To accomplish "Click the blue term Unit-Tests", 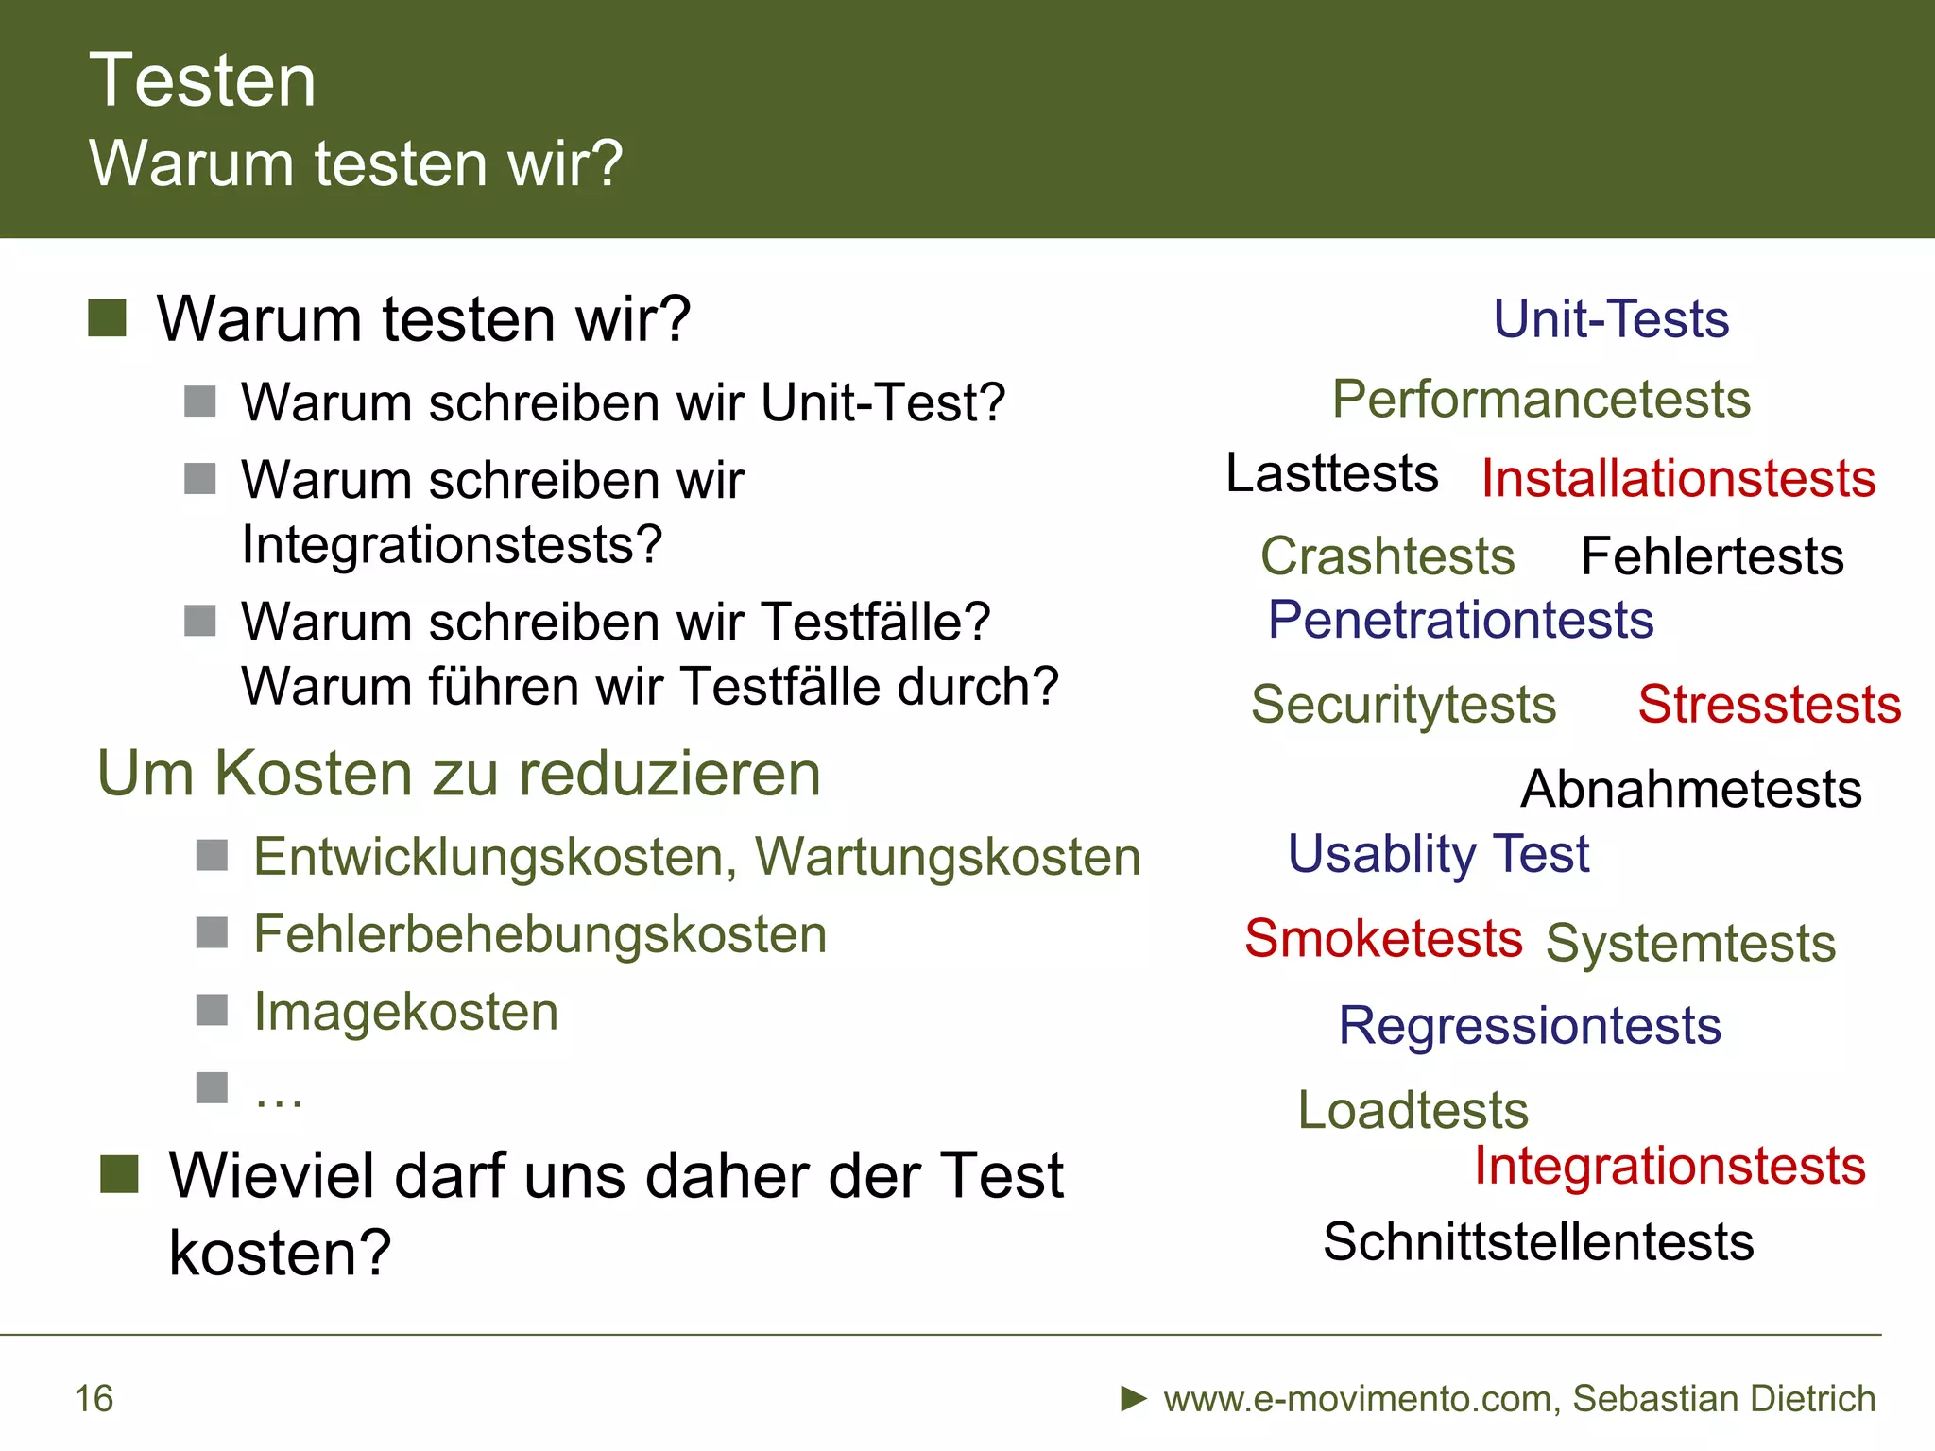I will (1611, 319).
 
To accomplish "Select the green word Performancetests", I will (1541, 400).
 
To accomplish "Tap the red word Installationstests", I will (1678, 478).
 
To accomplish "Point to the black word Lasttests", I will (1331, 473).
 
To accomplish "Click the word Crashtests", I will (1387, 556).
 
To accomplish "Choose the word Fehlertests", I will (1712, 556).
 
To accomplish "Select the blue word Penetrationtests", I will (1461, 621).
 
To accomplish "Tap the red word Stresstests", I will (1769, 705).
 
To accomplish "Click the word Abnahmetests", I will (1691, 789).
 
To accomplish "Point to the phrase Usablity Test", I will (1438, 854).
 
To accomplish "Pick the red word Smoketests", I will (1383, 938).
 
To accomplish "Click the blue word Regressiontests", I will (1530, 1026).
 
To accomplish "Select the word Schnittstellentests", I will (1538, 1241).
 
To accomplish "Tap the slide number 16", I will (94, 1399).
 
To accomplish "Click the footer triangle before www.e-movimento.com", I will (1134, 1398).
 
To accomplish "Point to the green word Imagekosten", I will (406, 1012).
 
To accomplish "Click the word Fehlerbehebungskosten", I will (539, 934).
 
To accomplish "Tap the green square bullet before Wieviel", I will (120, 1174).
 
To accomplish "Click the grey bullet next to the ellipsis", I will (212, 1087).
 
